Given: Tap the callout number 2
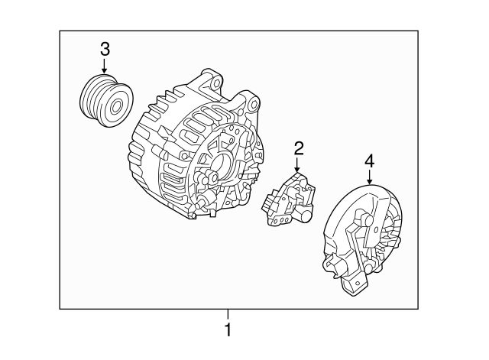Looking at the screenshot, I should click(299, 148).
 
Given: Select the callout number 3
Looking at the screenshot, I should click(105, 50).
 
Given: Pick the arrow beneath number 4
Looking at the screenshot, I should click(369, 179).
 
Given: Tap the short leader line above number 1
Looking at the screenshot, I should click(227, 314).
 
